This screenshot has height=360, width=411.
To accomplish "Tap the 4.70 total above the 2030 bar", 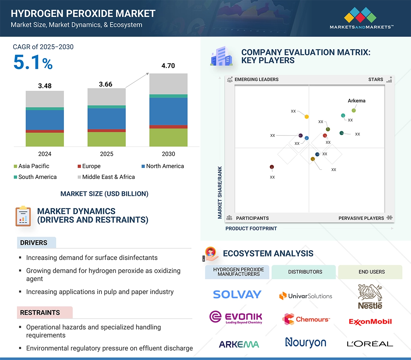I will pyautogui.click(x=168, y=66).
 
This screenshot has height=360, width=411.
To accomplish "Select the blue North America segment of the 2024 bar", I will pyautogui.click(x=45, y=120).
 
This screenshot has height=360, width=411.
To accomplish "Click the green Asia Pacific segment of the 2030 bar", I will pyautogui.click(x=168, y=137).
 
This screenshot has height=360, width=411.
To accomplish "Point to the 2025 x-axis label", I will pyautogui.click(x=106, y=154).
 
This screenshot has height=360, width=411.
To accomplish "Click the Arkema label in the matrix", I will pyautogui.click(x=356, y=101).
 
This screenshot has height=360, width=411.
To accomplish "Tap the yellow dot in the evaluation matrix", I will pyautogui.click(x=307, y=116).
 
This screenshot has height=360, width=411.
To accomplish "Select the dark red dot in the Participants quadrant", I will pyautogui.click(x=272, y=167).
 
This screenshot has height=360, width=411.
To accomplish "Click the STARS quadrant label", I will pyautogui.click(x=376, y=80).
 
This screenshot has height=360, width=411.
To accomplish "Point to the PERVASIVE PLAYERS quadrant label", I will pyautogui.click(x=361, y=218).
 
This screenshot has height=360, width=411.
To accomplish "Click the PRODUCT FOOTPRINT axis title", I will pyautogui.click(x=251, y=228).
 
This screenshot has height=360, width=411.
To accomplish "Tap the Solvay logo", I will pyautogui.click(x=237, y=294).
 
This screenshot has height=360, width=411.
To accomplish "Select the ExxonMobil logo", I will pyautogui.click(x=370, y=321).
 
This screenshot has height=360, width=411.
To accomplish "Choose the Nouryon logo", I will pyautogui.click(x=306, y=342).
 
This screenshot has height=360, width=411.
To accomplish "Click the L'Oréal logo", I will pyautogui.click(x=370, y=344).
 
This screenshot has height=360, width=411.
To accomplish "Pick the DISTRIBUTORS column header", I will pyautogui.click(x=305, y=272).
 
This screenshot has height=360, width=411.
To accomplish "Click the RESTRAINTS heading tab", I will pyautogui.click(x=40, y=313).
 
